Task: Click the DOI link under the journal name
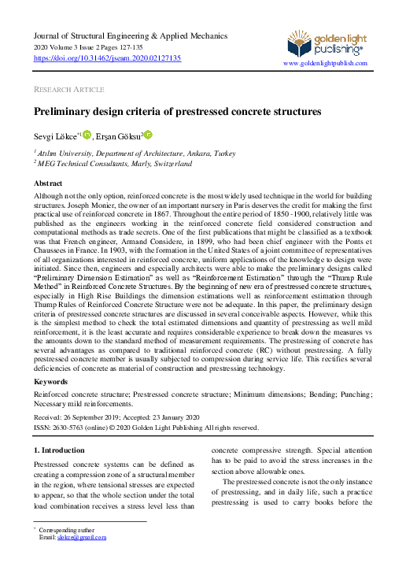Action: click(x=107, y=58)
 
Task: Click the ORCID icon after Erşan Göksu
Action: click(x=147, y=135)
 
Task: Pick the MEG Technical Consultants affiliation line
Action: click(x=114, y=164)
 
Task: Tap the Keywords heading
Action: click(x=50, y=381)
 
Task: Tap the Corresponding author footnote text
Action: click(x=73, y=530)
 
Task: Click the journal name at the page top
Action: click(x=130, y=36)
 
